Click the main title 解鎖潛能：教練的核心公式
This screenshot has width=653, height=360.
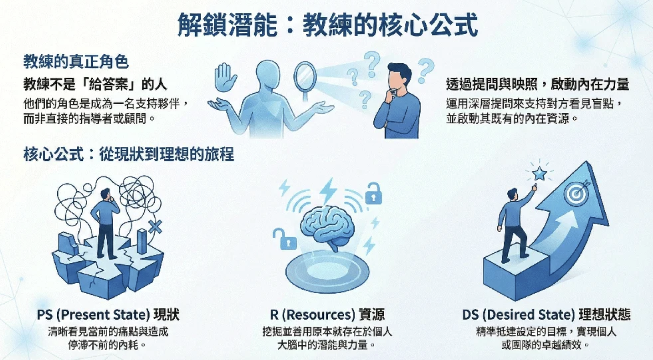click(x=328, y=25)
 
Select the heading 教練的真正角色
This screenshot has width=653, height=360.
click(x=76, y=62)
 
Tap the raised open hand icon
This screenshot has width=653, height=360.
click(x=225, y=77)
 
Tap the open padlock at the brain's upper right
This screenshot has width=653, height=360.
click(x=373, y=193)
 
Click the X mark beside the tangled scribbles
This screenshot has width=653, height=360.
click(x=155, y=227)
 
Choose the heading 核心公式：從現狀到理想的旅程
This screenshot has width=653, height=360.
click(x=128, y=154)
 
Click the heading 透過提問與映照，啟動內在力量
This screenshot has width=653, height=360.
click(x=538, y=84)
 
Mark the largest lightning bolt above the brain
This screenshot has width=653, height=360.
click(x=329, y=191)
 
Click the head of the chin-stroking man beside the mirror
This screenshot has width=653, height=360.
click(x=400, y=77)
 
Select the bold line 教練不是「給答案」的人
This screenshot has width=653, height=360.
click(x=95, y=85)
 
